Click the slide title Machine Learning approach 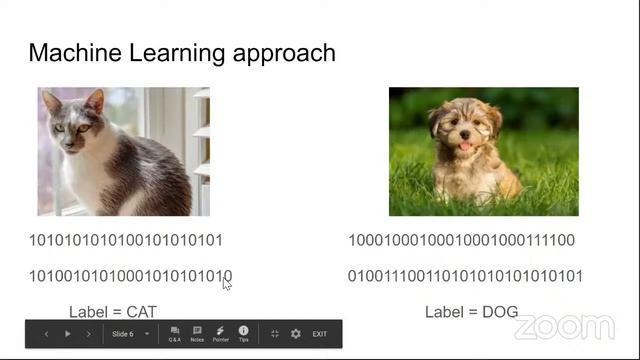181,53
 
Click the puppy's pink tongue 463,146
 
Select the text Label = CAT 112,312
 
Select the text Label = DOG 471,312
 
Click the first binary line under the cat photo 125,240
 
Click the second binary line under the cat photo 130,276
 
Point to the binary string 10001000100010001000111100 461,240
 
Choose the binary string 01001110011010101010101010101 465,276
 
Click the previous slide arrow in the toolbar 46,334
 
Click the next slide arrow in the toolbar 88,334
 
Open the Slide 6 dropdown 131,334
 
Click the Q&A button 175,333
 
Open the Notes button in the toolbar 197,333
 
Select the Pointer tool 220,333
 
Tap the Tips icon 243,333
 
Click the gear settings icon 295,334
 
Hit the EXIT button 320,334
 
